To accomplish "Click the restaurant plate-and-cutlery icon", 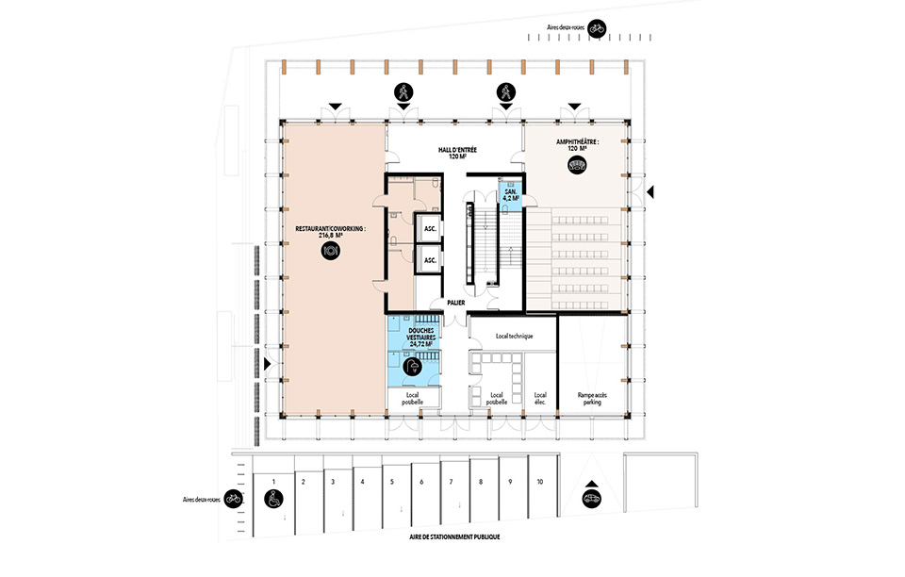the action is (331, 251).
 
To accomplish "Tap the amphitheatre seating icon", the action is (577, 166).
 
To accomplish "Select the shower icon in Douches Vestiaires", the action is (413, 367).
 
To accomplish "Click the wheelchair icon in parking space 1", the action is (273, 499).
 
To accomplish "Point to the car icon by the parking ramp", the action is (592, 499).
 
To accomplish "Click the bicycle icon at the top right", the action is (597, 27).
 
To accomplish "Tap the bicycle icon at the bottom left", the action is (233, 499).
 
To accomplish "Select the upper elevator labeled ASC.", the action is (430, 229).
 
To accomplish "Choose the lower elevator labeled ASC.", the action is (430, 260).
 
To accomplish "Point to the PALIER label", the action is (456, 303).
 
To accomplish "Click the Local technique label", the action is (515, 336).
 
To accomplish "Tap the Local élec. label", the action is (540, 398).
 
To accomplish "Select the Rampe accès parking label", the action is (592, 398).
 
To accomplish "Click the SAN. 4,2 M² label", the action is (511, 195).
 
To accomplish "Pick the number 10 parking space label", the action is (539, 482).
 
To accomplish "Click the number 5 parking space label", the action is (392, 482).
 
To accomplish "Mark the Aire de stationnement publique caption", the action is (454, 537).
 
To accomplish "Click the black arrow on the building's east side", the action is (650, 192).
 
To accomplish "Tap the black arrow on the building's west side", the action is (267, 364).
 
